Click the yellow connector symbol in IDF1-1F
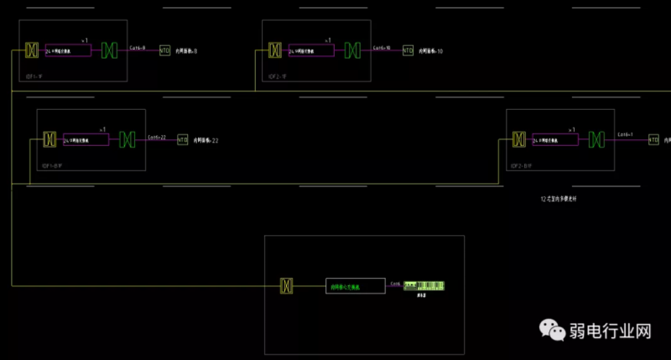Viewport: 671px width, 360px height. pos(31,50)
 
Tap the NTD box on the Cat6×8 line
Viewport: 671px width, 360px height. pos(164,51)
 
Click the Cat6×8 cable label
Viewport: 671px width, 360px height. pos(138,48)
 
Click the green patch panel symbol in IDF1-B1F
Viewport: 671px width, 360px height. pos(127,139)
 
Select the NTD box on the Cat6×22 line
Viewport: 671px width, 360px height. pos(182,139)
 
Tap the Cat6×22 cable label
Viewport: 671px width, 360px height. pos(157,136)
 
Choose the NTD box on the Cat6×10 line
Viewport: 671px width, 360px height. pos(408,50)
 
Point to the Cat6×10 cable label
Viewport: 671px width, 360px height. pos(382,48)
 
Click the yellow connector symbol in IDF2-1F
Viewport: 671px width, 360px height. pos(274,50)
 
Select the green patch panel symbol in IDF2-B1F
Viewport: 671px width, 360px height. pos(596,139)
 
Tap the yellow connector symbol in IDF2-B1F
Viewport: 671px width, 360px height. pos(518,139)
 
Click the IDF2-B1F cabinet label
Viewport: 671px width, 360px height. pos(522,166)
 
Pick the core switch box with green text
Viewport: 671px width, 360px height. pos(356,286)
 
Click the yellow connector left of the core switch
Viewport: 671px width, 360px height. pos(287,286)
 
